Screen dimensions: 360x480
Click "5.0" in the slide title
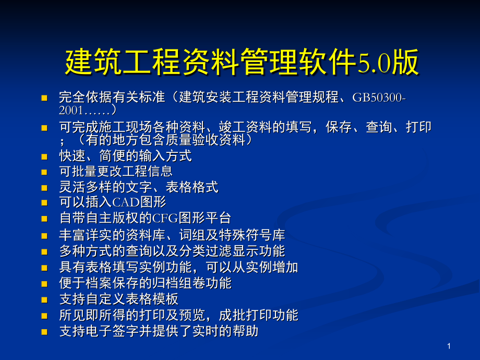pos(370,64)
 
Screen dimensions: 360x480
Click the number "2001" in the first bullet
pos(70,110)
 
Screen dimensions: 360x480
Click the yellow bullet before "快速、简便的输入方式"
pos(45,156)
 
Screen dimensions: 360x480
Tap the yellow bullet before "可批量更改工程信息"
pos(45,172)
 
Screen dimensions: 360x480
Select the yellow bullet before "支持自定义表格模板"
pos(45,300)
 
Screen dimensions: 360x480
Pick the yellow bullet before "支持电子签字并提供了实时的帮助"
pos(45,332)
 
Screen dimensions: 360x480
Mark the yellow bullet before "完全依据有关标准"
pos(45,98)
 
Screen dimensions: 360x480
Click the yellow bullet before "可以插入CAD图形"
pos(45,202)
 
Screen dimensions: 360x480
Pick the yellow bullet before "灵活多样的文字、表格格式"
pos(45,188)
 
